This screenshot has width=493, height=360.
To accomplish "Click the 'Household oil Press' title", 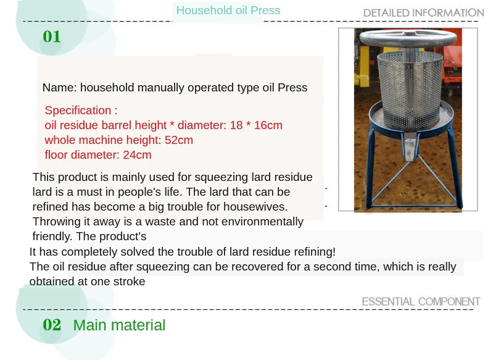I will click(x=228, y=10).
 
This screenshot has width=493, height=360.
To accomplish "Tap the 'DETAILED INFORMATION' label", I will click(x=423, y=13).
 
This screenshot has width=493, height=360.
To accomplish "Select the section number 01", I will click(x=52, y=37).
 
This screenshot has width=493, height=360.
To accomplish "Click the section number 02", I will click(x=52, y=325).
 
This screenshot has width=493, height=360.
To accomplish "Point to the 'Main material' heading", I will click(x=119, y=325).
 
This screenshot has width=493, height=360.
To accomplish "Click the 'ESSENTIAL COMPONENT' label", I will click(x=421, y=301).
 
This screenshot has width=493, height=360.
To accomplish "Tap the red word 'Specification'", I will click(x=78, y=111).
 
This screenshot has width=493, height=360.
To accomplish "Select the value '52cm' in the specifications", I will click(x=179, y=140).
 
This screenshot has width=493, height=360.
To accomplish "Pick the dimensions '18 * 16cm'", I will click(x=255, y=125).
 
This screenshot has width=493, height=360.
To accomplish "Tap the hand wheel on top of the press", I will click(x=408, y=38).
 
